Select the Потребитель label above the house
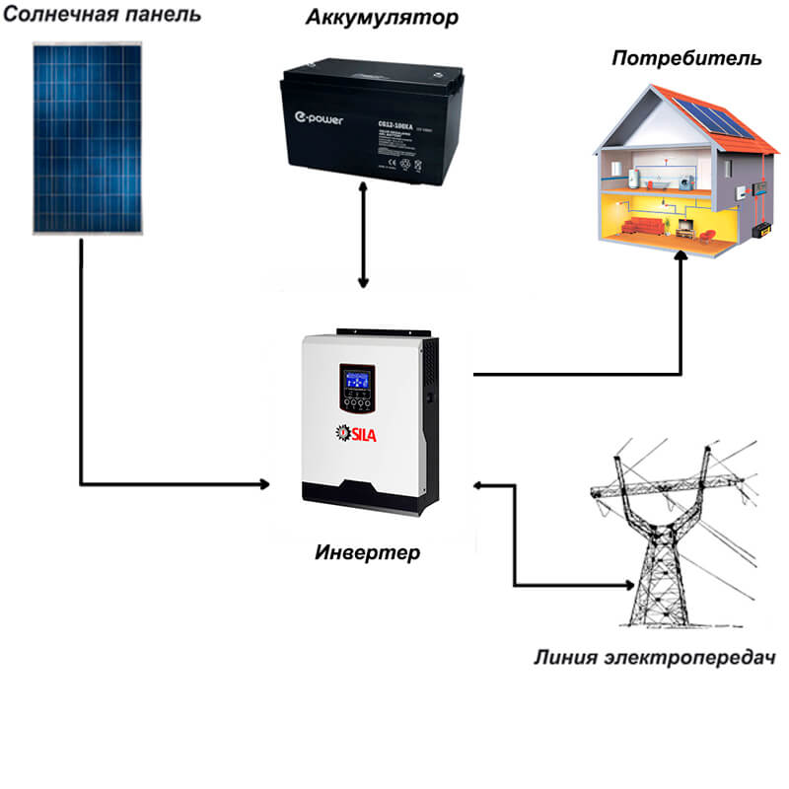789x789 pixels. [686, 57]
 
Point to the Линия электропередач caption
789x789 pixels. [652, 657]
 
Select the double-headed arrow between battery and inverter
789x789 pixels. [364, 238]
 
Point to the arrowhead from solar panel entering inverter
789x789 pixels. [263, 484]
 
